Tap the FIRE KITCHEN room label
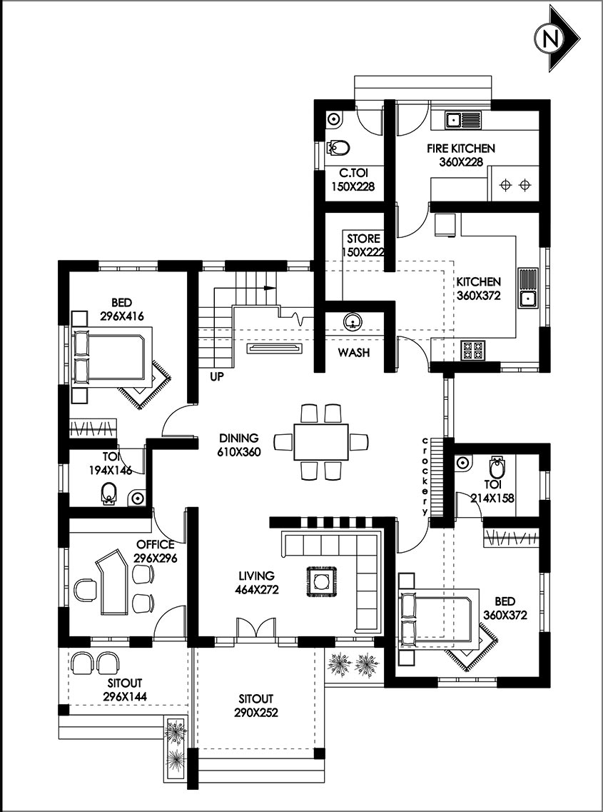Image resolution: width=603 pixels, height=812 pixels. tap(461, 155)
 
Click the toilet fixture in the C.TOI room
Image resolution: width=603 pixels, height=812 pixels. tap(340, 148)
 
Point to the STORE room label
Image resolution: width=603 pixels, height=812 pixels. tap(363, 244)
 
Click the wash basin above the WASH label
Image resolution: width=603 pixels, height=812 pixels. tap(352, 322)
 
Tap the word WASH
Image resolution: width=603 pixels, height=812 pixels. tap(354, 353)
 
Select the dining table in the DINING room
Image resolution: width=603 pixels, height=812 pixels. tap(320, 441)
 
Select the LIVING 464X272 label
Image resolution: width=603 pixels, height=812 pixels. tap(256, 582)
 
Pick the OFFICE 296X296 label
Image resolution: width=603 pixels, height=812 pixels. tap(156, 551)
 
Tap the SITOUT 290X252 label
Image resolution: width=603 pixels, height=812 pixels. tap(256, 705)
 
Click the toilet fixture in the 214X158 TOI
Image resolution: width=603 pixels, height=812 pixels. tap(497, 469)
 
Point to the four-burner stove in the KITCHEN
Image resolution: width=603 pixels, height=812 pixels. tap(472, 349)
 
